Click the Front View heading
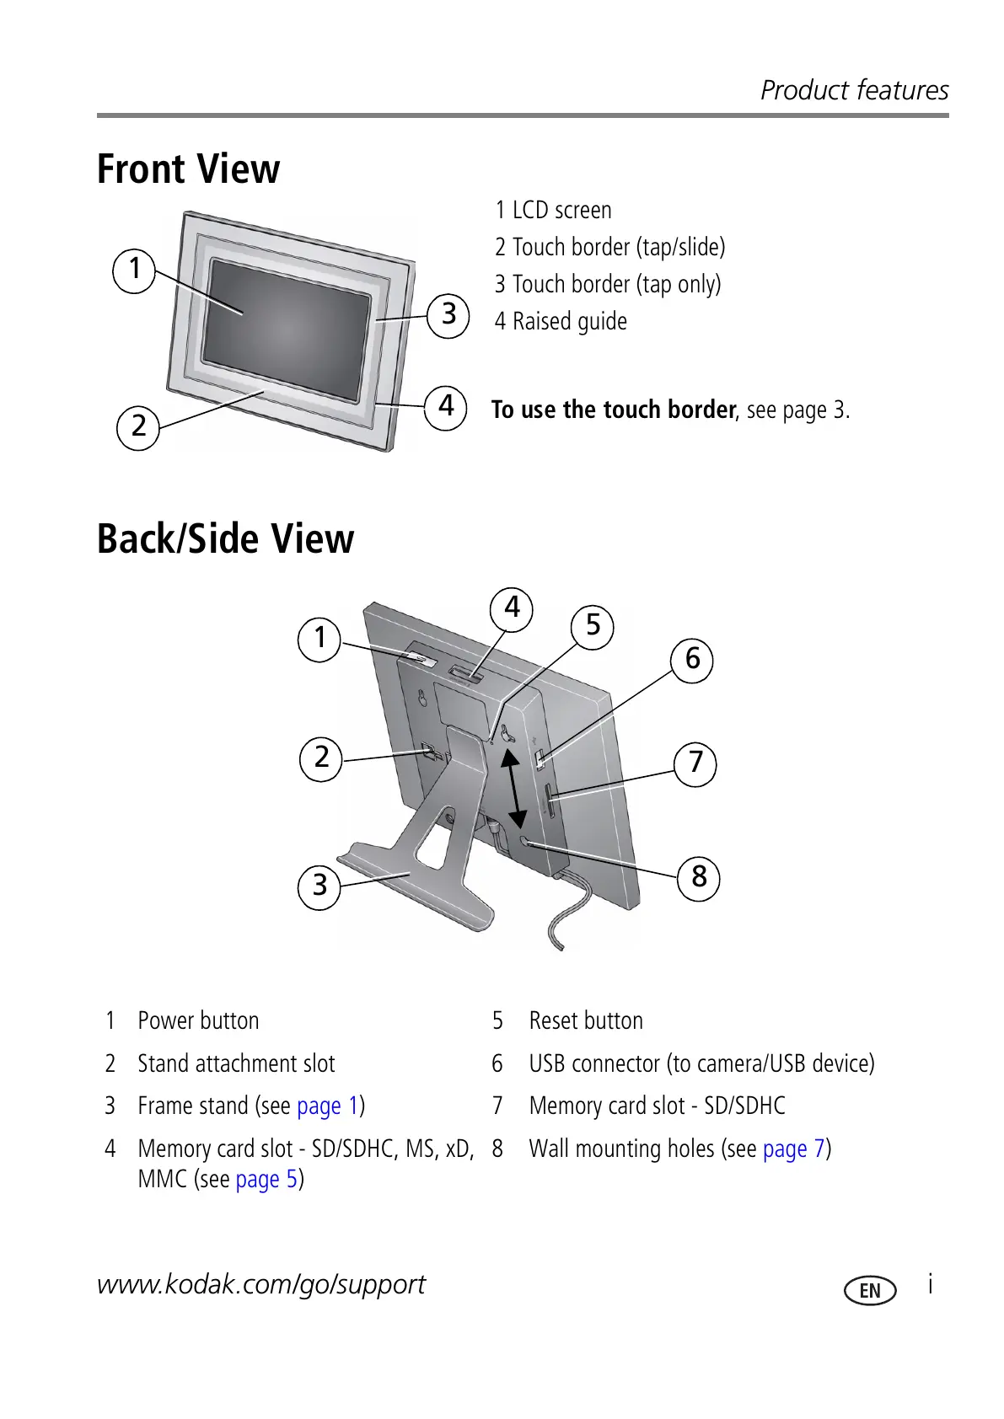click(188, 169)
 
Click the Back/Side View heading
click(225, 539)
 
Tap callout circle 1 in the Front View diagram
click(134, 270)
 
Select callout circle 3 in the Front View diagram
click(448, 315)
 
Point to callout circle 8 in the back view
click(699, 878)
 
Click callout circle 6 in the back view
click(692, 659)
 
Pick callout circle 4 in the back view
click(512, 608)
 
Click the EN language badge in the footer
click(870, 1290)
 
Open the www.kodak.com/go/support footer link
click(261, 1284)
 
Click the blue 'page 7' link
click(793, 1149)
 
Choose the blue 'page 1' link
click(328, 1106)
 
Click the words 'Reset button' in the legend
click(586, 1020)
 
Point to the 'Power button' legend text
click(198, 1020)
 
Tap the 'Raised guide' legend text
click(570, 321)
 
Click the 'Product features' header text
click(854, 90)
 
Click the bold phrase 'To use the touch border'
click(614, 410)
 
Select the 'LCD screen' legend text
click(561, 210)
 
